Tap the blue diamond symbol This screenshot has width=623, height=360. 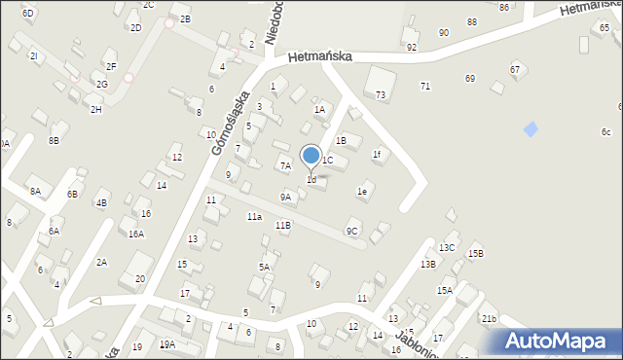coord(531,128)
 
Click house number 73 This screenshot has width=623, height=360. coord(381,94)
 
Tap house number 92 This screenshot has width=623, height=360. coord(412,47)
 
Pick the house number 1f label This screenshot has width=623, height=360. coord(376,154)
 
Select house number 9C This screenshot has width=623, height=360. coord(352,231)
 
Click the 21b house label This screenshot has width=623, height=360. coord(489,319)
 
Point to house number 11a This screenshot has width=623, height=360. coord(254,216)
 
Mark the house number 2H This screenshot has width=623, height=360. coord(95,109)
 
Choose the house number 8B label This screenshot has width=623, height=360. coord(55,141)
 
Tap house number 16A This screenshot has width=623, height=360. coord(136,234)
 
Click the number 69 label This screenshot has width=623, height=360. coord(470,78)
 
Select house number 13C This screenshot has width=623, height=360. coord(447,247)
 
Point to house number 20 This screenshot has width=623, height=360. coord(140,278)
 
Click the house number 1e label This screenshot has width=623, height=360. coord(361,192)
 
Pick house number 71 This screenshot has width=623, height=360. coord(425,87)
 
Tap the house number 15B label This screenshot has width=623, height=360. coord(475,254)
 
